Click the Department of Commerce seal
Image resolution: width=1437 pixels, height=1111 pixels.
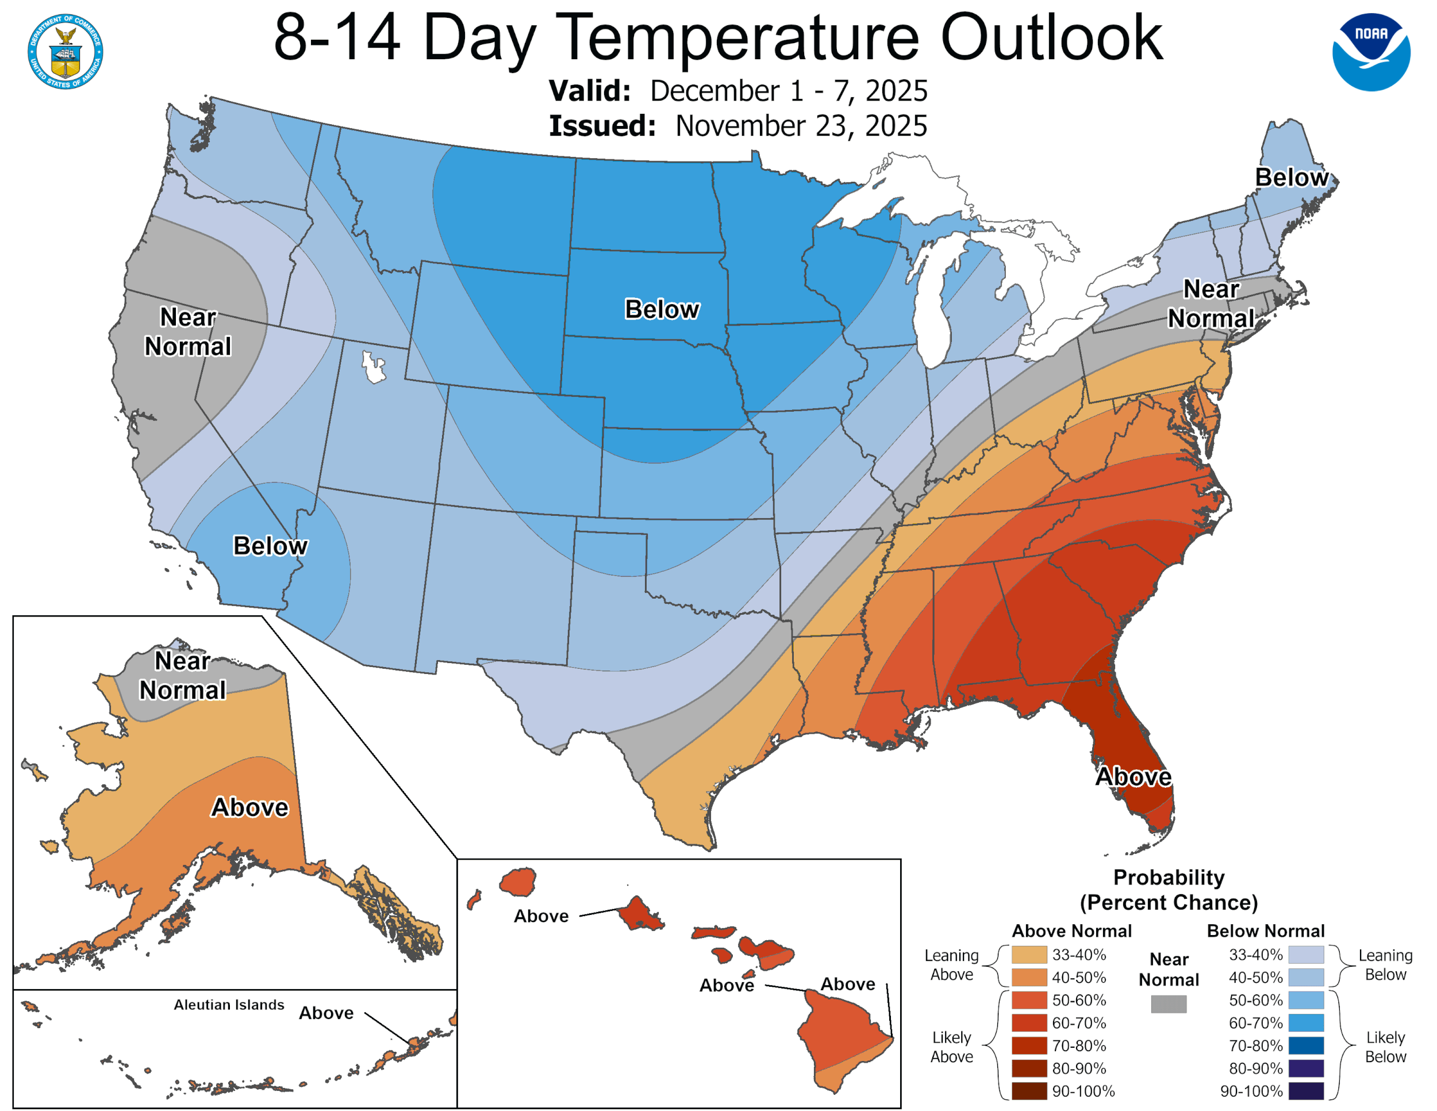click(65, 51)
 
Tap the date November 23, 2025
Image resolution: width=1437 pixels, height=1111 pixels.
click(801, 126)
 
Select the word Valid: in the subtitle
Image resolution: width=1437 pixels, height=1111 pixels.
click(590, 91)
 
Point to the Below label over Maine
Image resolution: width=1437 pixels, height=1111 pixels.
click(1291, 178)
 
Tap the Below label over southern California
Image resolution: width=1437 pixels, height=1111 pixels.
click(270, 546)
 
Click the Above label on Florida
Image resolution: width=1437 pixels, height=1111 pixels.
click(1133, 777)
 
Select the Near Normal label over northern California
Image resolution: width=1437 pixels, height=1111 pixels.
click(188, 332)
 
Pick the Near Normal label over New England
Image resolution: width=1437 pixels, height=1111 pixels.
click(1211, 304)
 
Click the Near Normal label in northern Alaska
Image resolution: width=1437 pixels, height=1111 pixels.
click(182, 675)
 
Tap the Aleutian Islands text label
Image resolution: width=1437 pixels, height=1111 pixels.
click(229, 1005)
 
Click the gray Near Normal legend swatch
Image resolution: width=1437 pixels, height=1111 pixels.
click(1169, 1003)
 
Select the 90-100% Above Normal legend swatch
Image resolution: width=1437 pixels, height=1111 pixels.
click(1029, 1091)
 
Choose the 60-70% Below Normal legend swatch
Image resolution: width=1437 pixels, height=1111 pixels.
click(1305, 1023)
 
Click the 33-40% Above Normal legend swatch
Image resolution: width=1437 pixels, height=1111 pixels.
click(1029, 955)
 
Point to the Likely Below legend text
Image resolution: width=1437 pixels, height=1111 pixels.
click(1385, 1047)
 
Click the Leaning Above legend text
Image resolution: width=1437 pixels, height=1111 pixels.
click(951, 965)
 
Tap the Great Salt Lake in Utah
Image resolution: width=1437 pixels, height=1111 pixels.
click(374, 367)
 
